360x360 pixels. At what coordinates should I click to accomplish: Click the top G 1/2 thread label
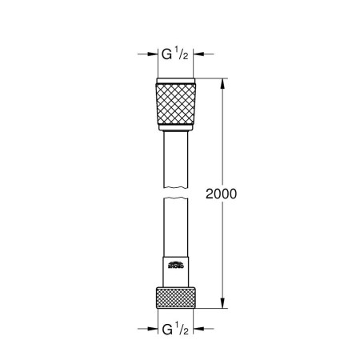[174, 55]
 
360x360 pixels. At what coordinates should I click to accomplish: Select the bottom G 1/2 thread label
[174, 328]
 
